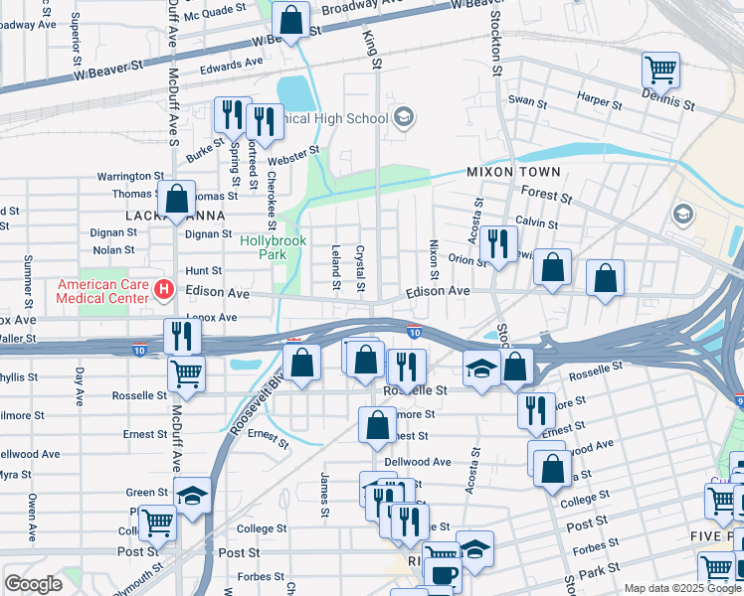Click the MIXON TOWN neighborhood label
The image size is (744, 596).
point(513,172)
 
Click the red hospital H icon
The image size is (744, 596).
point(165,291)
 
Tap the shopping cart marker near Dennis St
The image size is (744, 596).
point(660,70)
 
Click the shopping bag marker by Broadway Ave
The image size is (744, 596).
point(290,18)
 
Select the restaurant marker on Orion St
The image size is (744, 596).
point(497,241)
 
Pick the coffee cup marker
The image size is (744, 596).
point(443,573)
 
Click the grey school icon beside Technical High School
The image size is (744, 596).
point(403,119)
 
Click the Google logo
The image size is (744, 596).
point(34,584)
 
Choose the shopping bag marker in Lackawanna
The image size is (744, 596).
point(176,199)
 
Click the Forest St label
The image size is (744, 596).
point(546,197)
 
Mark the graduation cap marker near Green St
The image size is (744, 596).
point(192,494)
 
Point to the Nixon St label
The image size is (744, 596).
point(434,258)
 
